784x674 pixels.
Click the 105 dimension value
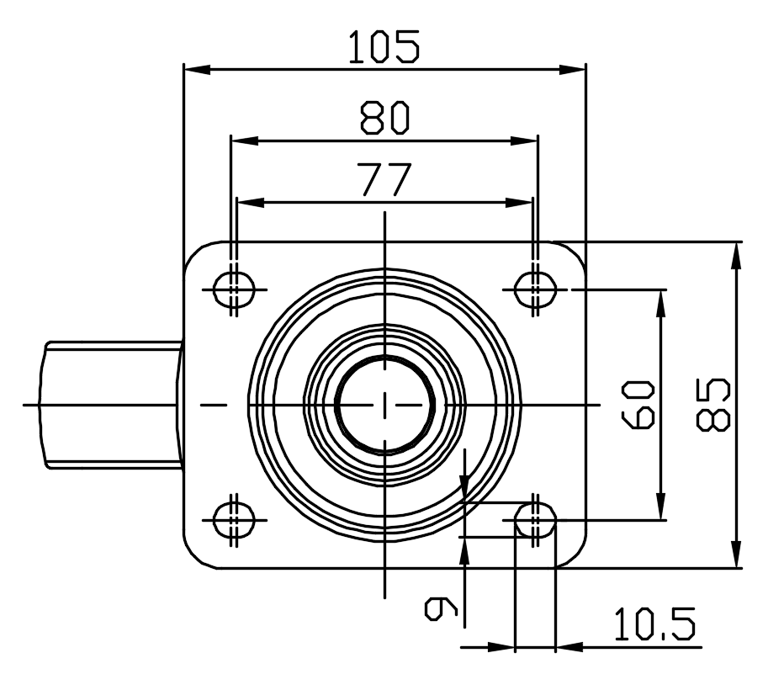coord(384,47)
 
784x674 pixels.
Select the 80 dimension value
coord(384,119)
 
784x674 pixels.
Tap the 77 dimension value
coord(384,180)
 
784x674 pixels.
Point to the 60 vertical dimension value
coord(640,405)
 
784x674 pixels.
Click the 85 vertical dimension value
coord(713,405)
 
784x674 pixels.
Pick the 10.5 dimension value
coord(654,625)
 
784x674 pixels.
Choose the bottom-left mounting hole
coord(234,520)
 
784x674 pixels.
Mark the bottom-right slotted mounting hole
coord(535,520)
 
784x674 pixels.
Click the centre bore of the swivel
coord(384,405)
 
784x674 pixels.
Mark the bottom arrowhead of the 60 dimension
coord(661,509)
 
